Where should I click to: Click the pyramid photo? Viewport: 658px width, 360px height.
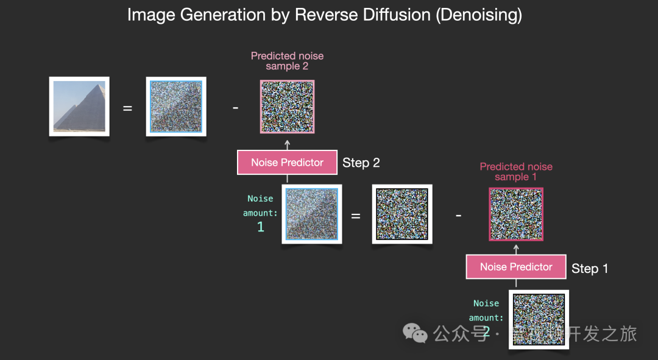pyautogui.click(x=79, y=107)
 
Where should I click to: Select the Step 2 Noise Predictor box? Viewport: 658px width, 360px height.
pyautogui.click(x=287, y=163)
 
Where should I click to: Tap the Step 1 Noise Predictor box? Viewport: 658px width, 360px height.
pyautogui.click(x=516, y=267)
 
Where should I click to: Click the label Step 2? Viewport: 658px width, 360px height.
pyautogui.click(x=361, y=163)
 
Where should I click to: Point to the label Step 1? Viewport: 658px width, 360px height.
pyautogui.click(x=590, y=269)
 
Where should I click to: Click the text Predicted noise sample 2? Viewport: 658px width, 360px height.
pyautogui.click(x=287, y=61)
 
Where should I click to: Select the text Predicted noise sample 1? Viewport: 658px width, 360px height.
pyautogui.click(x=516, y=171)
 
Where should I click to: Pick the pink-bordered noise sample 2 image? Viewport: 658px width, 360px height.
pyautogui.click(x=287, y=107)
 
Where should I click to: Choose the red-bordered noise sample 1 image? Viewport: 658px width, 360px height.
pyautogui.click(x=516, y=214)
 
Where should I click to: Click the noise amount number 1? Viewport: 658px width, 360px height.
pyautogui.click(x=261, y=227)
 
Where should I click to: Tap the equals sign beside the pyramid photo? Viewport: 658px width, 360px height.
pyautogui.click(x=128, y=108)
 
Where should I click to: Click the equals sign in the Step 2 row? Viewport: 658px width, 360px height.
pyautogui.click(x=356, y=216)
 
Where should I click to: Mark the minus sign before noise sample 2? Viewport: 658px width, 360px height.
pyautogui.click(x=236, y=108)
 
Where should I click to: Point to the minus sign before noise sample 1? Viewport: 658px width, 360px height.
pyautogui.click(x=459, y=216)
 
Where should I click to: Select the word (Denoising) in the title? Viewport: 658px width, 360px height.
pyautogui.click(x=479, y=15)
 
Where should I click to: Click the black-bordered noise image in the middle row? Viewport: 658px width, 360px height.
pyautogui.click(x=402, y=214)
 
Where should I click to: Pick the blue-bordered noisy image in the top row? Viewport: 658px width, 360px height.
pyautogui.click(x=176, y=107)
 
